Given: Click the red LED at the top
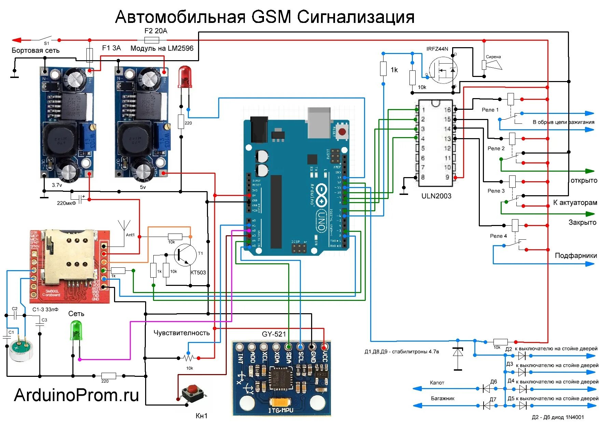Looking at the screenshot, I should [x=185, y=76].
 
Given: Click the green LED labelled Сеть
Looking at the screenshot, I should [x=76, y=330].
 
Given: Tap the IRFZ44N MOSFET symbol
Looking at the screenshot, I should [x=443, y=70].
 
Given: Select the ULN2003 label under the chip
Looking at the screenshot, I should [x=436, y=196].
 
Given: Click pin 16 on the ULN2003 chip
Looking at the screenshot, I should [x=447, y=110].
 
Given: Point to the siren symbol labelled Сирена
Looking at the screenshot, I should [x=492, y=65].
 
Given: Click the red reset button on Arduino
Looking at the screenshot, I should [x=342, y=132].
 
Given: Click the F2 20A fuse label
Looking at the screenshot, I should [x=156, y=31].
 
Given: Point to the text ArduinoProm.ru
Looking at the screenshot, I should [x=76, y=395].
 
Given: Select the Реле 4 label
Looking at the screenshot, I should [x=498, y=236].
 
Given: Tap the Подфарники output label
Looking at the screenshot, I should [x=575, y=255].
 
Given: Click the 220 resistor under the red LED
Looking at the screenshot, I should [x=181, y=122].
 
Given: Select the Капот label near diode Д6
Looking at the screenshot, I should [x=437, y=383].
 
